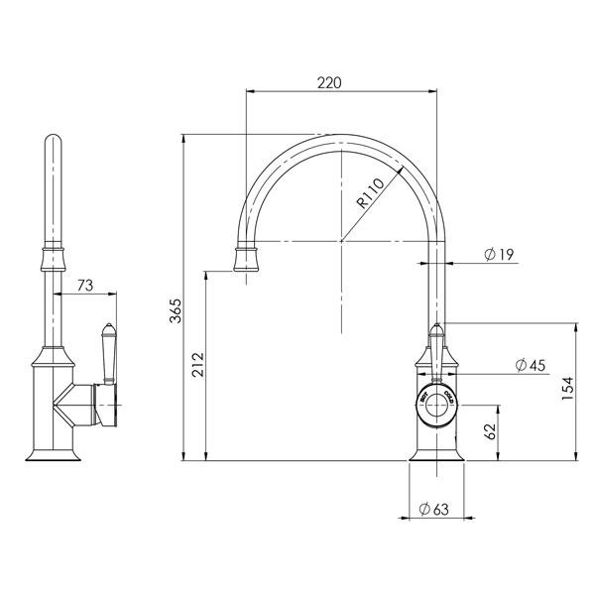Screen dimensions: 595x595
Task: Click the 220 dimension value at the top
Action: click(x=329, y=82)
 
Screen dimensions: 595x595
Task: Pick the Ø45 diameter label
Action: click(x=531, y=366)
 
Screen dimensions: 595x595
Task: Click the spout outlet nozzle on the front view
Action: click(x=246, y=261)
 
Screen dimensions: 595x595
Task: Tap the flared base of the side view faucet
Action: click(x=53, y=453)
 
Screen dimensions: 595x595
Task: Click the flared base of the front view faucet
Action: click(x=436, y=453)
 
